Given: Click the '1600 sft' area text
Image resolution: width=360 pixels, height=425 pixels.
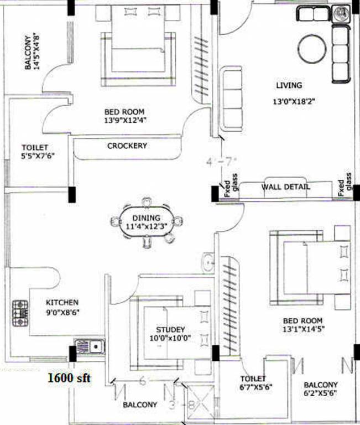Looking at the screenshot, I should pos(69,379).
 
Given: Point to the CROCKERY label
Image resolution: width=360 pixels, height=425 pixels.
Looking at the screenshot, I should pos(127,146).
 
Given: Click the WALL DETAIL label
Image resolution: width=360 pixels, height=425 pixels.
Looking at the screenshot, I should pos(285,187).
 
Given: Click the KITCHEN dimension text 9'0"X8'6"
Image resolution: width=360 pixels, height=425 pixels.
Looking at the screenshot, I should pos(62,312).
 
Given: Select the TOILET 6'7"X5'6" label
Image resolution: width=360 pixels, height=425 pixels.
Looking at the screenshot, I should pos(255,383).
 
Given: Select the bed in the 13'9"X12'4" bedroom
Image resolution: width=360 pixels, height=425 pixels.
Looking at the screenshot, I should pos(136,47).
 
